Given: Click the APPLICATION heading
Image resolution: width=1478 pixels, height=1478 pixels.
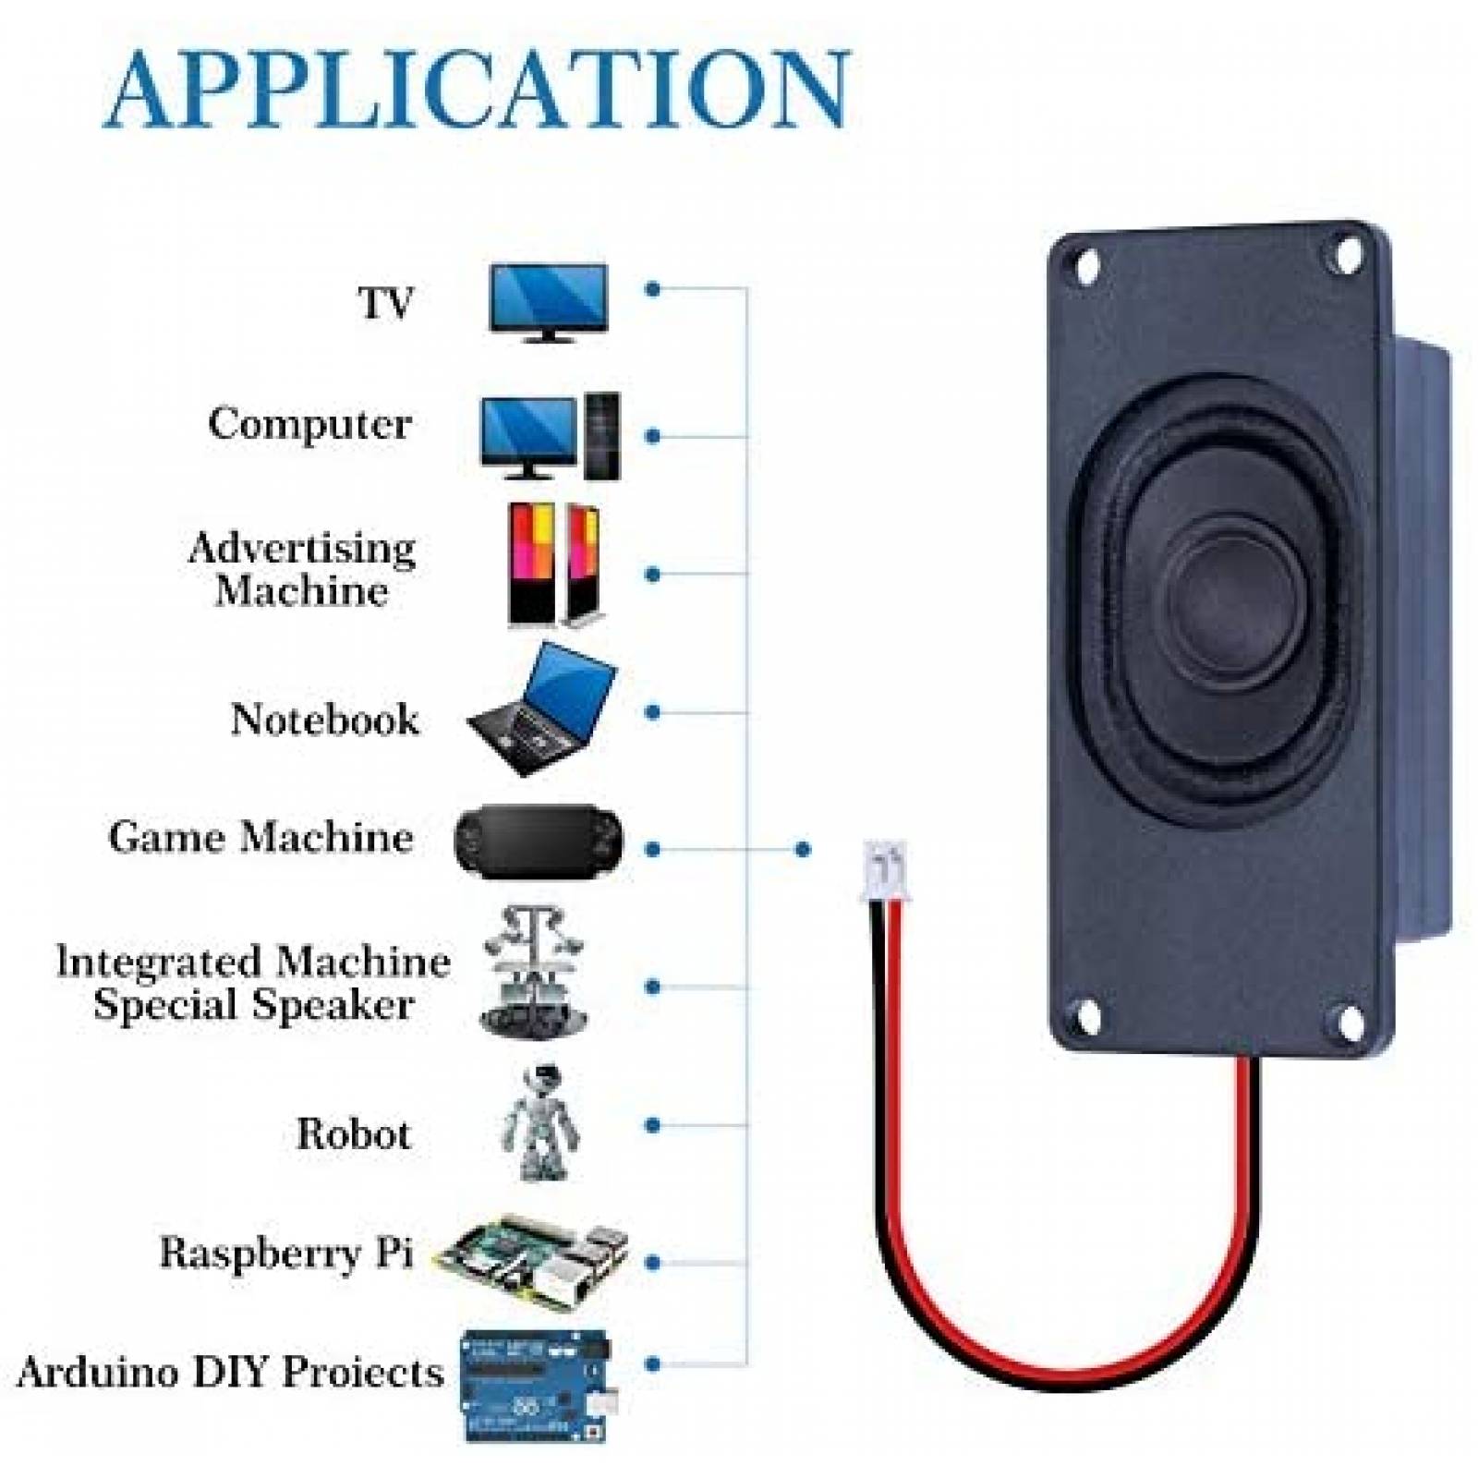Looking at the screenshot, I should click(x=477, y=90).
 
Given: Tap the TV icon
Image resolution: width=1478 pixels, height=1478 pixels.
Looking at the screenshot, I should click(x=548, y=302).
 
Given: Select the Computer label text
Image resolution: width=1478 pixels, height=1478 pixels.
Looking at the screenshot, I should click(x=309, y=425).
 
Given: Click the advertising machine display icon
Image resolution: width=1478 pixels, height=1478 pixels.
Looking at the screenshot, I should click(x=553, y=565).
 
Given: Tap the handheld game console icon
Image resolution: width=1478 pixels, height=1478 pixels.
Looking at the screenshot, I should click(x=539, y=842).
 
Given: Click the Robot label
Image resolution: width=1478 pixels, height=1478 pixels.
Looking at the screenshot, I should click(x=353, y=1134).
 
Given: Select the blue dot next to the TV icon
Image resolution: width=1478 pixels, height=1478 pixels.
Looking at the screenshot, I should click(x=653, y=289).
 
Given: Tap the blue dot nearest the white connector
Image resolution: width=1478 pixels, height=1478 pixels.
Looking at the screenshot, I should click(x=802, y=849).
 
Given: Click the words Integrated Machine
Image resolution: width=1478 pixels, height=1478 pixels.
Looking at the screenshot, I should click(x=253, y=962).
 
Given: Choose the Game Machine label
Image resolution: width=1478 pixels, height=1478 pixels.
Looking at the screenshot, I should click(x=260, y=838).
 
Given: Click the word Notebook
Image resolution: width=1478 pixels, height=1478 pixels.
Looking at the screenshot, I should click(x=324, y=720).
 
